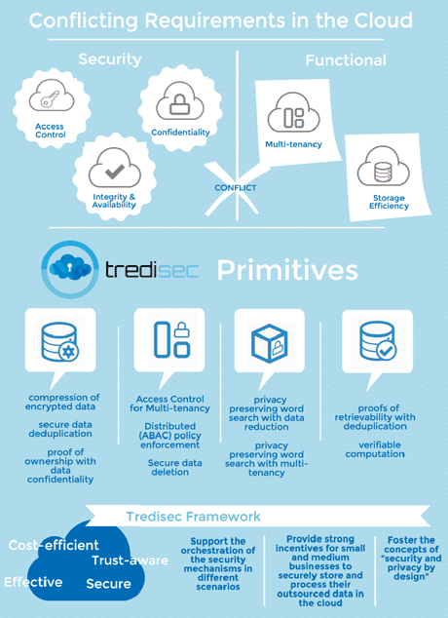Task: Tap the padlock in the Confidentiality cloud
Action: click(x=179, y=104)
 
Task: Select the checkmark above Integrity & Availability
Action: click(x=115, y=172)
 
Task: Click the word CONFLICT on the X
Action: click(x=236, y=187)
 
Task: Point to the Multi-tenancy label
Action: click(x=293, y=144)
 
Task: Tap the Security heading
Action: click(x=110, y=59)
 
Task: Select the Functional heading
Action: click(x=346, y=60)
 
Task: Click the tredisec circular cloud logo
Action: click(x=70, y=270)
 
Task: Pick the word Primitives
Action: click(x=287, y=270)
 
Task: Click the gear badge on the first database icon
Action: click(x=68, y=351)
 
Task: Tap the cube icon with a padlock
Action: click(x=270, y=343)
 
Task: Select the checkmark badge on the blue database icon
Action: click(x=387, y=350)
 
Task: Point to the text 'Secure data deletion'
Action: click(x=174, y=467)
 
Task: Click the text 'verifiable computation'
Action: click(x=375, y=449)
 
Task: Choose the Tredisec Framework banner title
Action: click(x=193, y=517)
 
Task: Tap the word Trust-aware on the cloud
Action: click(x=130, y=560)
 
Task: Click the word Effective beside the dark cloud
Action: click(x=33, y=582)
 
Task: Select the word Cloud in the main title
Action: click(x=383, y=20)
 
